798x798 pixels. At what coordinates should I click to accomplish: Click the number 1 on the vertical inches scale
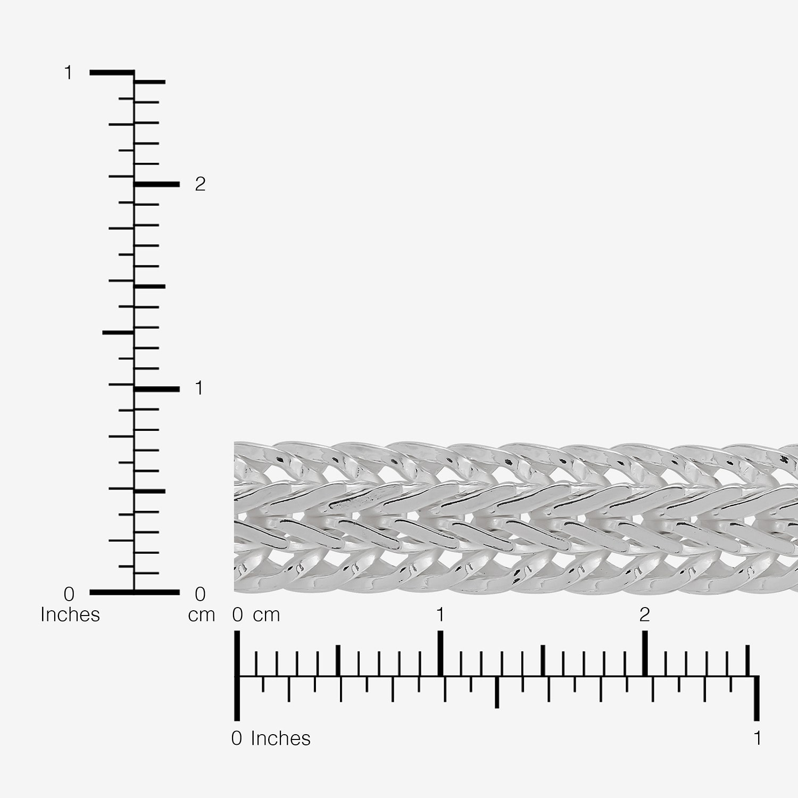click(x=68, y=72)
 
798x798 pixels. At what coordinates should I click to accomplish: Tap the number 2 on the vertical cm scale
click(x=200, y=184)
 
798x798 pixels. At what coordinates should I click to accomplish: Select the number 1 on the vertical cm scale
click(x=199, y=388)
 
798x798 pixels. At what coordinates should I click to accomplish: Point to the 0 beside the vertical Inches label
click(x=69, y=593)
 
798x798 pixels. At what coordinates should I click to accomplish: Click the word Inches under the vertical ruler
click(x=70, y=614)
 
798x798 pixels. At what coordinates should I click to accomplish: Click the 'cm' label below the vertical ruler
click(x=201, y=616)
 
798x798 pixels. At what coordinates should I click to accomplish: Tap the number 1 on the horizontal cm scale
click(x=440, y=614)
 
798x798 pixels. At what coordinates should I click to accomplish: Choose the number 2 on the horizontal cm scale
click(x=644, y=614)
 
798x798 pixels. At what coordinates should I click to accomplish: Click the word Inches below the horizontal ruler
click(x=280, y=738)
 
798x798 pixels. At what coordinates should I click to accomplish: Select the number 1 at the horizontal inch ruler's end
click(x=757, y=738)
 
